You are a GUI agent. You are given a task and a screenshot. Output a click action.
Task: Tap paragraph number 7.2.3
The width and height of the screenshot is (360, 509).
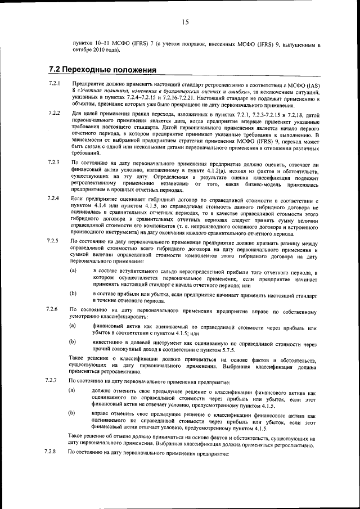(54, 163)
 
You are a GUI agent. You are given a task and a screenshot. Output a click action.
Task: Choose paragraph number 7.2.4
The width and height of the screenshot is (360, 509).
(54, 199)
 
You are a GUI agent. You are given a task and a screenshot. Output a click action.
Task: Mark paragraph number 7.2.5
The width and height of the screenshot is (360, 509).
(54, 241)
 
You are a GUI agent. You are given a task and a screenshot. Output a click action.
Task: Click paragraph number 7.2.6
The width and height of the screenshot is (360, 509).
(54, 310)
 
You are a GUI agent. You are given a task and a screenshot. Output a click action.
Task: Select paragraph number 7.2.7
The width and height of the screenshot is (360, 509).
(54, 381)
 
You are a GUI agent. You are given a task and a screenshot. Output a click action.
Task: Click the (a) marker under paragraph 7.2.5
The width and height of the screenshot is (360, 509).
(73, 272)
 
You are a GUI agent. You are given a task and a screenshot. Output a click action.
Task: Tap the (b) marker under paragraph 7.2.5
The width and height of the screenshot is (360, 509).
(73, 293)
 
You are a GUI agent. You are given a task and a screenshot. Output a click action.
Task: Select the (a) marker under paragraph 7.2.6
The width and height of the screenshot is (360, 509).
(73, 326)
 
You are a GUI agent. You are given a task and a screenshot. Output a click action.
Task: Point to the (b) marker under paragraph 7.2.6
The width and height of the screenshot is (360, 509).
(73, 341)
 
